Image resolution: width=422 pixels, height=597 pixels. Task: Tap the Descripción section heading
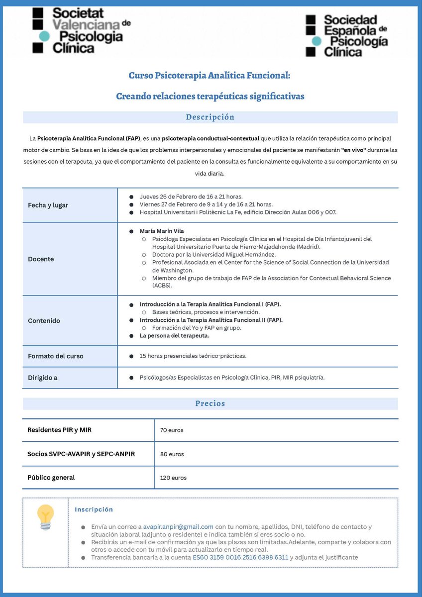click(x=210, y=117)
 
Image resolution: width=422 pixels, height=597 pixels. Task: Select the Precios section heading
click(x=210, y=403)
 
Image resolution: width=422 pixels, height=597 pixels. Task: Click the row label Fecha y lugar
click(x=48, y=205)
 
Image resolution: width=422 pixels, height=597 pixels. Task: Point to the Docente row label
click(x=41, y=259)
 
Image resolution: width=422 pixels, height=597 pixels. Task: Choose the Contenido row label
click(x=44, y=321)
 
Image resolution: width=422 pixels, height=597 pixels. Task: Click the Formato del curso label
click(x=56, y=356)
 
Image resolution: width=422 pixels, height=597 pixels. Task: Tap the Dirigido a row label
click(x=42, y=378)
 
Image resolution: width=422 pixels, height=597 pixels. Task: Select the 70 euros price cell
click(x=172, y=430)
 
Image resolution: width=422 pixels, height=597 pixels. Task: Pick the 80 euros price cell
click(x=172, y=454)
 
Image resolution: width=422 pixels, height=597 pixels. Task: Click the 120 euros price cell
click(x=173, y=478)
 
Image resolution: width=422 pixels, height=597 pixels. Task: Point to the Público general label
click(x=51, y=478)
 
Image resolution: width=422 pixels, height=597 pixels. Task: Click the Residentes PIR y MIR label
click(x=60, y=430)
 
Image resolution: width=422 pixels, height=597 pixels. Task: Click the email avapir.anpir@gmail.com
click(x=178, y=527)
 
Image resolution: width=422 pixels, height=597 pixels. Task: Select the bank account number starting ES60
click(x=240, y=557)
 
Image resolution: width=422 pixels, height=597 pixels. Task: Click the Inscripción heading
click(x=94, y=509)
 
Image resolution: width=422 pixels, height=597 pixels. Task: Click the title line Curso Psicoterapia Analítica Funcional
click(x=209, y=76)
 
